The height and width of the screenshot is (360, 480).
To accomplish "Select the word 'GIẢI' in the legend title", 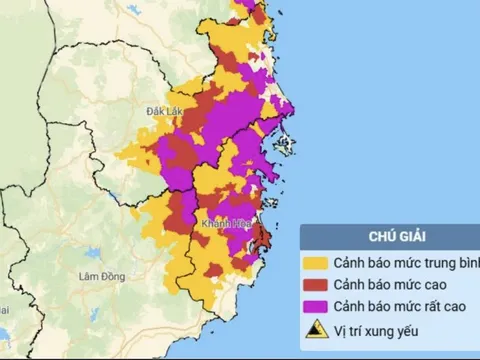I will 406,238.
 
